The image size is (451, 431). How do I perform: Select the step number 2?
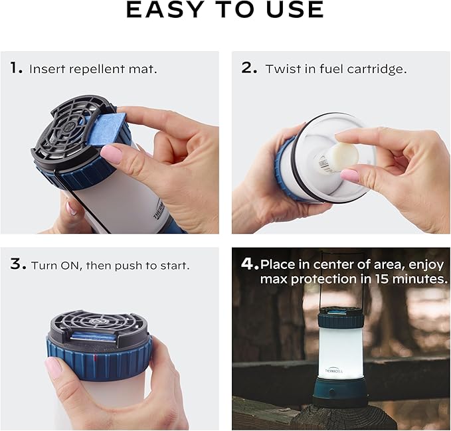pos(248,68)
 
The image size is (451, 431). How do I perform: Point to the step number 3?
pos(17,264)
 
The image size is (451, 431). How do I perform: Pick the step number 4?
pos(249,264)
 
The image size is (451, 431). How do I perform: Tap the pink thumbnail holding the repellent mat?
pos(111,155)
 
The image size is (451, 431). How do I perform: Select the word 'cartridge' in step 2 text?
pos(379,68)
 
